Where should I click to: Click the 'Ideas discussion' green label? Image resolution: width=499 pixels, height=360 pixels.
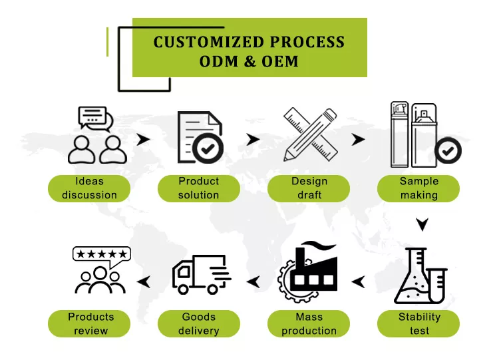[x=88, y=188]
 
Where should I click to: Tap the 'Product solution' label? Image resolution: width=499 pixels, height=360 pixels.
[x=198, y=188]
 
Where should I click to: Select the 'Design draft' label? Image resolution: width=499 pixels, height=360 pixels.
[x=309, y=188]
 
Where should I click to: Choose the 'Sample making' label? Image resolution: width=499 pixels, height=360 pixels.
[x=418, y=188]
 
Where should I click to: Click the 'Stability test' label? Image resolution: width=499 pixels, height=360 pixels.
[x=418, y=323]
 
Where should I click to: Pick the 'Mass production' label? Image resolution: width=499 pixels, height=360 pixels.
[x=309, y=323]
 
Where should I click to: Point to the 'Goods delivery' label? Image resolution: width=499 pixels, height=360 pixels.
[x=198, y=323]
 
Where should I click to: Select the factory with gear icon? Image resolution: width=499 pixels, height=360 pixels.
[x=308, y=270]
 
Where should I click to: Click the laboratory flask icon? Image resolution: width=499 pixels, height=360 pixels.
[x=418, y=274]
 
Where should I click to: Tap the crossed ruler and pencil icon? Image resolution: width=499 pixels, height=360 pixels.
[x=308, y=134]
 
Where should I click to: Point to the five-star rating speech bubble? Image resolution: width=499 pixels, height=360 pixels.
[x=101, y=254]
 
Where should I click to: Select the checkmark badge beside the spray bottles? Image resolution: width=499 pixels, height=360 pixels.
[x=448, y=150]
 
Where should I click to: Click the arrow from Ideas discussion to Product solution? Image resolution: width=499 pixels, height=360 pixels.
[x=142, y=140]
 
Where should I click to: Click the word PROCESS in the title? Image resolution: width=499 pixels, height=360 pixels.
[x=306, y=43]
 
